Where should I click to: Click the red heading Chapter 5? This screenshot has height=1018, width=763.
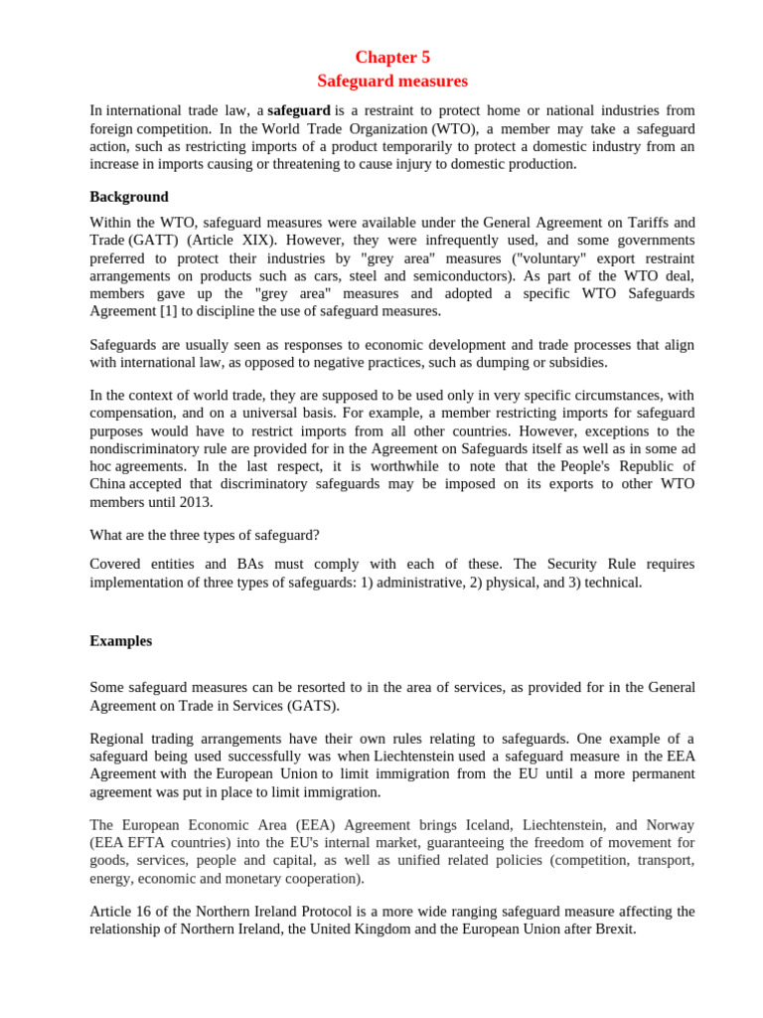click(x=392, y=57)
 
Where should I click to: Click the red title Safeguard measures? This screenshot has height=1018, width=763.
click(x=392, y=81)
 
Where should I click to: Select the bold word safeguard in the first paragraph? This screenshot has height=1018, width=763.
click(x=299, y=110)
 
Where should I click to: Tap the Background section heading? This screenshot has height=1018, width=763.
click(x=129, y=197)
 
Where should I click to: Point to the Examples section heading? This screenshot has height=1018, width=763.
click(x=121, y=641)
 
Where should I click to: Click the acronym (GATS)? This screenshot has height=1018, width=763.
click(x=314, y=706)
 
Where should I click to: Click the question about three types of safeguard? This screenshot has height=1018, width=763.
click(x=205, y=535)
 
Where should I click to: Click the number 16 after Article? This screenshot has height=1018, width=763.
click(x=146, y=912)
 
